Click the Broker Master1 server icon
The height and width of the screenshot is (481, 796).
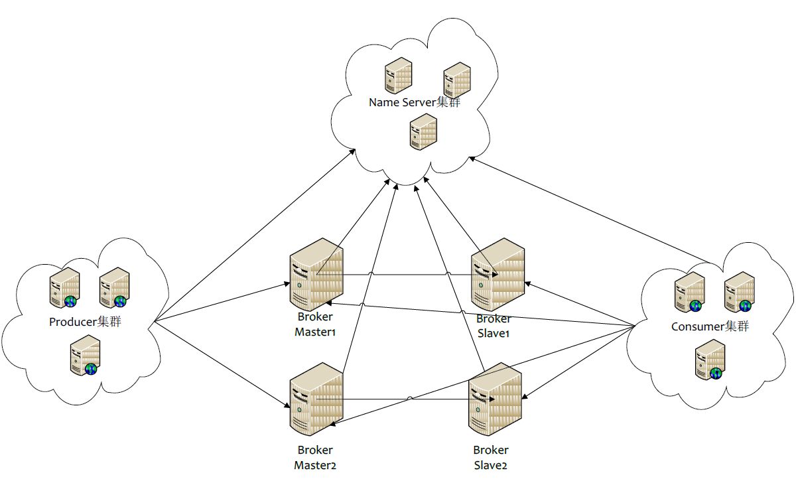point(316,275)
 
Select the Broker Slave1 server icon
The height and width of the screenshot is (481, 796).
point(497,275)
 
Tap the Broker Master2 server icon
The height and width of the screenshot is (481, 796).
point(316,399)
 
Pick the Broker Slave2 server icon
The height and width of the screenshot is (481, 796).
point(495,399)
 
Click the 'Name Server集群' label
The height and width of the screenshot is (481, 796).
point(415,102)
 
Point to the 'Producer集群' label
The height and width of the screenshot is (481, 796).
point(85,322)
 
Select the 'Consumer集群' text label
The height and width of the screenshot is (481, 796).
point(710,326)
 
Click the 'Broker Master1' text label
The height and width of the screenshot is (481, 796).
point(315,324)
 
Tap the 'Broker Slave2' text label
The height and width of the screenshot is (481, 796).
point(490,458)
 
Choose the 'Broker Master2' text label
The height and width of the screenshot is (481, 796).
point(315,458)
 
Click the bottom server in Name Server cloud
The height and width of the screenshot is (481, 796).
point(423,132)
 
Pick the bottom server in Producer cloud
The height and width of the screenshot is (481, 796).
point(86,356)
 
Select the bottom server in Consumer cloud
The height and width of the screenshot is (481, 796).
point(710,360)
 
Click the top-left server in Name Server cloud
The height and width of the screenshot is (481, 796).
point(399,76)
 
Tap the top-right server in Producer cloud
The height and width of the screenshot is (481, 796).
point(114,288)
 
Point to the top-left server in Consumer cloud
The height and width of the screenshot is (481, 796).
point(690,292)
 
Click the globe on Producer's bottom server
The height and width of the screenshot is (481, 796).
point(91,369)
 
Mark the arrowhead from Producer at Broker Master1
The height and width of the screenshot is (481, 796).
point(287,284)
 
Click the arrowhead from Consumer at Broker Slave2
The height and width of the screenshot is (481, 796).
point(525,396)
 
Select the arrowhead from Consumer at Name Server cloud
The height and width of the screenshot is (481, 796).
point(472,159)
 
